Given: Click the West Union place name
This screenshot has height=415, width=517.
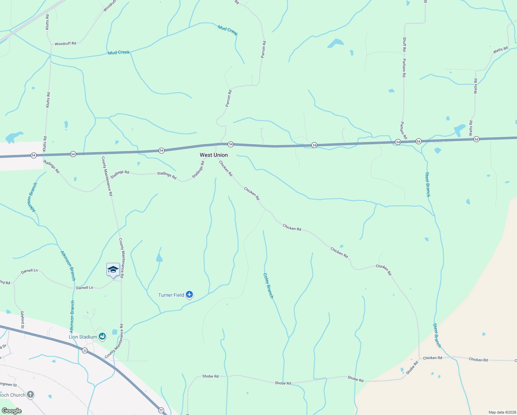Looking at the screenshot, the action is [x=214, y=155].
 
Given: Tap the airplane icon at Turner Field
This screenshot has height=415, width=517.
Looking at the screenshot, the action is [x=189, y=295].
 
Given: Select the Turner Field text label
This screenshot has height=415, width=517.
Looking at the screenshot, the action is [x=171, y=295].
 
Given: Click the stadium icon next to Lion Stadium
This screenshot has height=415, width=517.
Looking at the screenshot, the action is [x=102, y=336].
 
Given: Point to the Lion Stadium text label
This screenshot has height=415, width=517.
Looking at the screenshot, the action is [x=83, y=337].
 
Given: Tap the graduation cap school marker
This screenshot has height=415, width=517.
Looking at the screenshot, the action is [x=113, y=270].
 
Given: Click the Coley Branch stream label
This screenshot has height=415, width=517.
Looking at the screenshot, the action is [x=268, y=286].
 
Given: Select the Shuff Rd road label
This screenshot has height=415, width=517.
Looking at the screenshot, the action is [x=404, y=44].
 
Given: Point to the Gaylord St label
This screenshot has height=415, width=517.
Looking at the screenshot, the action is [x=22, y=320].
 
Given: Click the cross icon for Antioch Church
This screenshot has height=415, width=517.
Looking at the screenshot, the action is [x=30, y=394].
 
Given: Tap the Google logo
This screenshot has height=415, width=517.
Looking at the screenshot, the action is [x=11, y=411].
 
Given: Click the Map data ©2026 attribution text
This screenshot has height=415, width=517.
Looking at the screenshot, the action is [x=501, y=412].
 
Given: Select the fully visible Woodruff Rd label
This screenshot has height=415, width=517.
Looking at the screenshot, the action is [x=65, y=44].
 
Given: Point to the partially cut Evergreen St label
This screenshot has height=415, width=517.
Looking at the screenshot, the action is [x=8, y=384].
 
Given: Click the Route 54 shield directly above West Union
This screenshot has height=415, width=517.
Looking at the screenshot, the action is [x=231, y=144].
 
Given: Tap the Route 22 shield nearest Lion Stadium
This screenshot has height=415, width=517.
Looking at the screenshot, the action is [x=85, y=351].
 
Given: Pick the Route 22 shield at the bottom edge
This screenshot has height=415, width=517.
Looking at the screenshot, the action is [x=161, y=410].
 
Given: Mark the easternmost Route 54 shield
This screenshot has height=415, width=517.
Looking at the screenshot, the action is [x=476, y=139].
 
